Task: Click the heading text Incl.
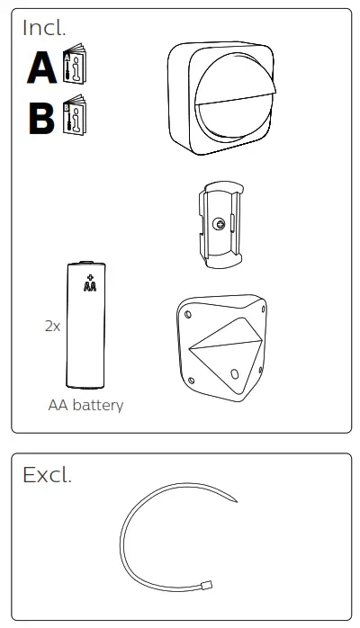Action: click(x=44, y=27)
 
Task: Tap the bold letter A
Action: click(x=41, y=68)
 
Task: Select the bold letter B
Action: click(x=41, y=117)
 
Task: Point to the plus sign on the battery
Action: click(x=89, y=276)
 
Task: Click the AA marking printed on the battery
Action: click(x=89, y=287)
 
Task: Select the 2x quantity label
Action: click(x=52, y=327)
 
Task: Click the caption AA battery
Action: click(x=85, y=406)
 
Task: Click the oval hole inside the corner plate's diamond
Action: click(x=234, y=372)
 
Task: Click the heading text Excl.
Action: click(x=47, y=475)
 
